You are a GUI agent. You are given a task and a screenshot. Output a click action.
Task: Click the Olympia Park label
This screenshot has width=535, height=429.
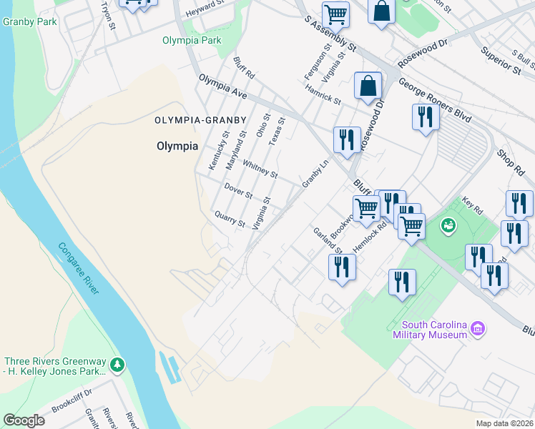click(192, 41)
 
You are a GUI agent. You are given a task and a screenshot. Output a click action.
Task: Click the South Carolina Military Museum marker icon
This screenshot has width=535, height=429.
click(478, 329)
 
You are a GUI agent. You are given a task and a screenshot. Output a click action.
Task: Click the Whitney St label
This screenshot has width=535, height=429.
click(260, 169)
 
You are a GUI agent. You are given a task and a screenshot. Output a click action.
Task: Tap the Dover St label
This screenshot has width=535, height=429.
click(238, 190)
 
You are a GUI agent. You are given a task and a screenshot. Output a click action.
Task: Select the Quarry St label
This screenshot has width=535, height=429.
click(230, 217)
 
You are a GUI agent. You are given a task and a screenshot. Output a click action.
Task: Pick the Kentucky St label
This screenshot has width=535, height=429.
click(215, 150)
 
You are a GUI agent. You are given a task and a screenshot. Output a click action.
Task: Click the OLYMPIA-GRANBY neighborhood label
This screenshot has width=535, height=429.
click(200, 120)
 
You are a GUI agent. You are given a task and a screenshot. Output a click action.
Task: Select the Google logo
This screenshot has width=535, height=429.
click(24, 420)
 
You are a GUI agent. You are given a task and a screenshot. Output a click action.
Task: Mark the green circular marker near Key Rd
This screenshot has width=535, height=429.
click(449, 226)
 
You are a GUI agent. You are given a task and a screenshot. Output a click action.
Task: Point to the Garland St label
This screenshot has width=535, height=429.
click(328, 240)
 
